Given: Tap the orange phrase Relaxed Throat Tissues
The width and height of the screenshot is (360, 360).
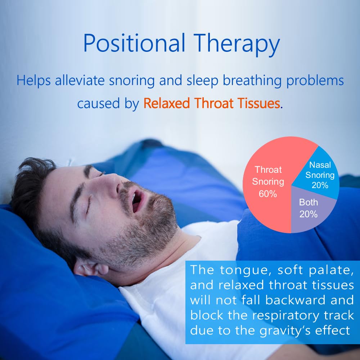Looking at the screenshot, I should (212, 103).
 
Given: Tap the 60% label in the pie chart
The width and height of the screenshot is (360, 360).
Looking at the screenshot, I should (268, 193).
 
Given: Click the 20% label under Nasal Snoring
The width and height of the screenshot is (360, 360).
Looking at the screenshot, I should (320, 185).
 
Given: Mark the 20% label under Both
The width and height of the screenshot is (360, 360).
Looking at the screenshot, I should (309, 214).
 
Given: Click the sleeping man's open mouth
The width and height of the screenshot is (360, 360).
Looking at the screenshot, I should (137, 201).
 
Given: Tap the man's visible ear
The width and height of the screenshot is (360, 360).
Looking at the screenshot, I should (88, 268).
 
